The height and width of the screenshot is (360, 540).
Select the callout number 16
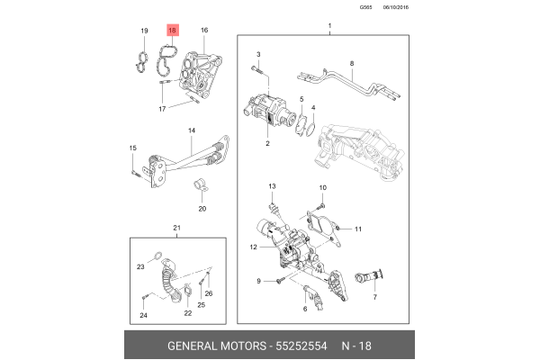(203, 31)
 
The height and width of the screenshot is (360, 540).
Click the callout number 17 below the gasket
(163, 109)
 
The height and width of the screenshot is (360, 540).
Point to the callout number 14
(191, 131)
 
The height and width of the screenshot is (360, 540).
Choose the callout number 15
(132, 148)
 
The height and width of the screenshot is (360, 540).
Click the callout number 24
(142, 315)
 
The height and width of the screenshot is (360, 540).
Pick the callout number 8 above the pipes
(352, 63)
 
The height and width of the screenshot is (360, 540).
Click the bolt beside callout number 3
(257, 67)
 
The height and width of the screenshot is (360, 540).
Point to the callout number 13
(271, 185)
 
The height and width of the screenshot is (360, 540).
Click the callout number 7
(373, 295)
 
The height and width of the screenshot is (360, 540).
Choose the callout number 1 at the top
(329, 22)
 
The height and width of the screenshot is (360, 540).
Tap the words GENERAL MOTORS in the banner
(215, 346)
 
